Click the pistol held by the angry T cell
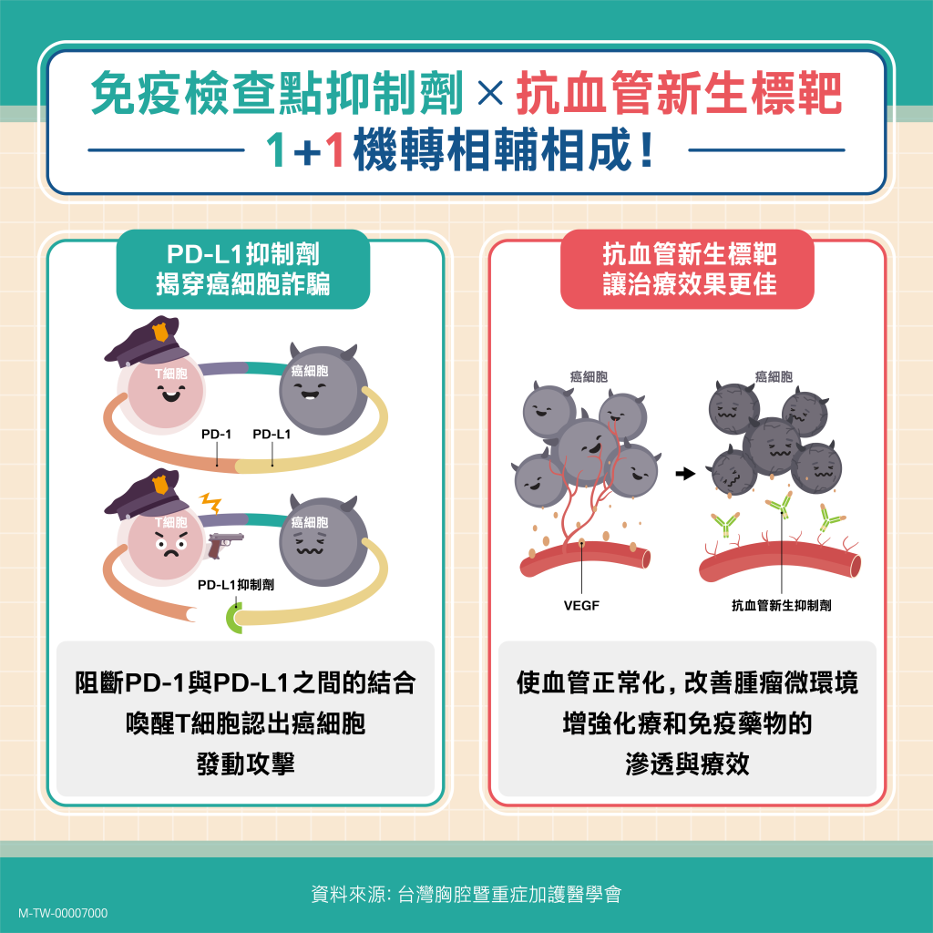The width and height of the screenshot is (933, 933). click(x=225, y=543)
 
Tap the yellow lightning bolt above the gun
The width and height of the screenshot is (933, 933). click(x=210, y=502)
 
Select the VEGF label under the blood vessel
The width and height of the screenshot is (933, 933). click(x=581, y=605)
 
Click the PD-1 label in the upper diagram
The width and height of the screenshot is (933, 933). click(x=216, y=434)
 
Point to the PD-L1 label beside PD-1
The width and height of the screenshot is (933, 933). click(x=272, y=434)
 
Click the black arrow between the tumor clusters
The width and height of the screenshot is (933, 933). click(x=685, y=474)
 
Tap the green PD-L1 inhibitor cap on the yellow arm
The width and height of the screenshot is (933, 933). click(x=234, y=618)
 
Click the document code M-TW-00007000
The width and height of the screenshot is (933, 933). click(x=63, y=913)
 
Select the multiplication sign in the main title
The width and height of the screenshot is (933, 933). click(x=490, y=93)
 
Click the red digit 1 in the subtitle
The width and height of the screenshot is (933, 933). click(x=334, y=150)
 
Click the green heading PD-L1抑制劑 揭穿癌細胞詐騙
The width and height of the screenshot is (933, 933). click(x=242, y=269)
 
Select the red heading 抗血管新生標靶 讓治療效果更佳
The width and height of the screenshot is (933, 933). click(x=688, y=269)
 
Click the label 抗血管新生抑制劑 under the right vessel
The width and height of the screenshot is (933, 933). click(x=781, y=605)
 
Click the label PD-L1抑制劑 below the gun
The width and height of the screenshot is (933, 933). click(x=236, y=585)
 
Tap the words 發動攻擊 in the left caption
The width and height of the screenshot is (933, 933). click(x=245, y=764)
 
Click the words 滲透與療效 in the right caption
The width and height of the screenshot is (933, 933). click(x=687, y=764)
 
